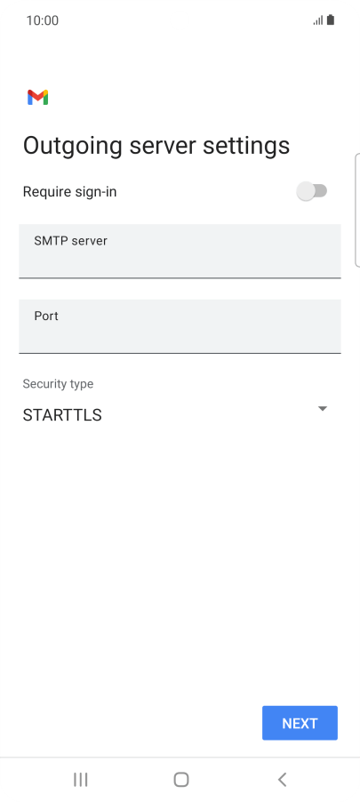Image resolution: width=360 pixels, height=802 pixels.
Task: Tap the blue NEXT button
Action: click(300, 723)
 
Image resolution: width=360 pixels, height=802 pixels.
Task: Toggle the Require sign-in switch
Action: click(311, 191)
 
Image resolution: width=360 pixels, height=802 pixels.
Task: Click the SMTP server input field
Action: click(180, 251)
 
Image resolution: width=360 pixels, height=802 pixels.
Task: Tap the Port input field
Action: click(180, 326)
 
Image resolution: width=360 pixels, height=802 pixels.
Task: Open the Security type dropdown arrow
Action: click(322, 409)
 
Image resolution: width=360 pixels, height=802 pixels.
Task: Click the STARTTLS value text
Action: click(62, 415)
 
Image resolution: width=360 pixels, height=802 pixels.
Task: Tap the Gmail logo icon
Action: click(38, 97)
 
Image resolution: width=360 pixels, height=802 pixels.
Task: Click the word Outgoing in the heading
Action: click(73, 147)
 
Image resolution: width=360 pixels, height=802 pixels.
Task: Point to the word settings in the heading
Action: click(246, 147)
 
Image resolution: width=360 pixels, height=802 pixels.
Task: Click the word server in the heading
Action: click(163, 145)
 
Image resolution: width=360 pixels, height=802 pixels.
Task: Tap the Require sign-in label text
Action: click(69, 192)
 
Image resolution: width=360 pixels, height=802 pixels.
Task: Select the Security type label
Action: click(58, 383)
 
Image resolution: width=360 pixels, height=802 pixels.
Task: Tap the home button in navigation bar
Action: click(181, 780)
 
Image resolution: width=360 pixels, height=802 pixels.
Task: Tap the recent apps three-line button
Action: click(80, 780)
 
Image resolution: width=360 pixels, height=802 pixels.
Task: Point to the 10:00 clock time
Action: click(43, 20)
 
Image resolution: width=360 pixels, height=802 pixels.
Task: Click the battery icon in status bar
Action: click(331, 20)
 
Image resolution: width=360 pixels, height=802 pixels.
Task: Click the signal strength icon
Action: click(318, 20)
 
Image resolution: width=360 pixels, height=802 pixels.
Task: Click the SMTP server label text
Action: click(70, 240)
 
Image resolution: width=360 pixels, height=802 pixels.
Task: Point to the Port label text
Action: click(46, 316)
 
